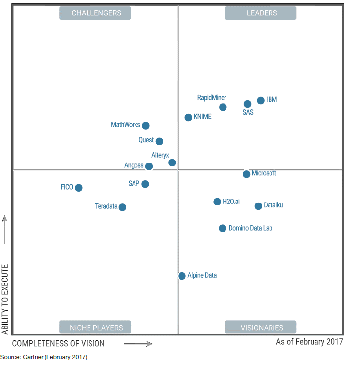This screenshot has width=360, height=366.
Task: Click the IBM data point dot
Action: coord(261,101)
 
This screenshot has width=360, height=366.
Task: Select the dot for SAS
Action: coord(247,104)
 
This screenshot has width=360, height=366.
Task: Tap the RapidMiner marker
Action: coord(223,107)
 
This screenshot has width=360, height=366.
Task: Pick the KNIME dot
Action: coord(188,117)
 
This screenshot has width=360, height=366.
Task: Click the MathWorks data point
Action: coord(146,126)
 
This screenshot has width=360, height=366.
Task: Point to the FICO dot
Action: coord(79,188)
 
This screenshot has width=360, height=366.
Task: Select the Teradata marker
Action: coord(122,207)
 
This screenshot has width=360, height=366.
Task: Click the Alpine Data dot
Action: coord(182,276)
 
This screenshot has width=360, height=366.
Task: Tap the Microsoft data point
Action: coord(246,174)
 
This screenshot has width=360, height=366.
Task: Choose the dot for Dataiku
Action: coord(258,206)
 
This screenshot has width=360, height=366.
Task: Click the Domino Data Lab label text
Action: coord(250,228)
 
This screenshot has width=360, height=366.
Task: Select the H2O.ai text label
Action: coord(231,202)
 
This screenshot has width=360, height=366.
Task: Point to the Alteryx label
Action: coord(160,155)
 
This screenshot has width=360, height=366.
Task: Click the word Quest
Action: coord(146,140)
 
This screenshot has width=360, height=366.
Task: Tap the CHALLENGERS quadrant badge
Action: coord(95,13)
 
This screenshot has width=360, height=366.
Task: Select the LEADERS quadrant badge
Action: coord(261,13)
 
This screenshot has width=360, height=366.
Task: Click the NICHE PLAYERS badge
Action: coord(95,327)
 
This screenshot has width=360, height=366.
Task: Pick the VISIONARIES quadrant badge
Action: coord(261,327)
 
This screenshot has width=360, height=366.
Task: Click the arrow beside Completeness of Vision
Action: coord(138,344)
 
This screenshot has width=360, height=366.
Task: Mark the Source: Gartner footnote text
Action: coord(44,357)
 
